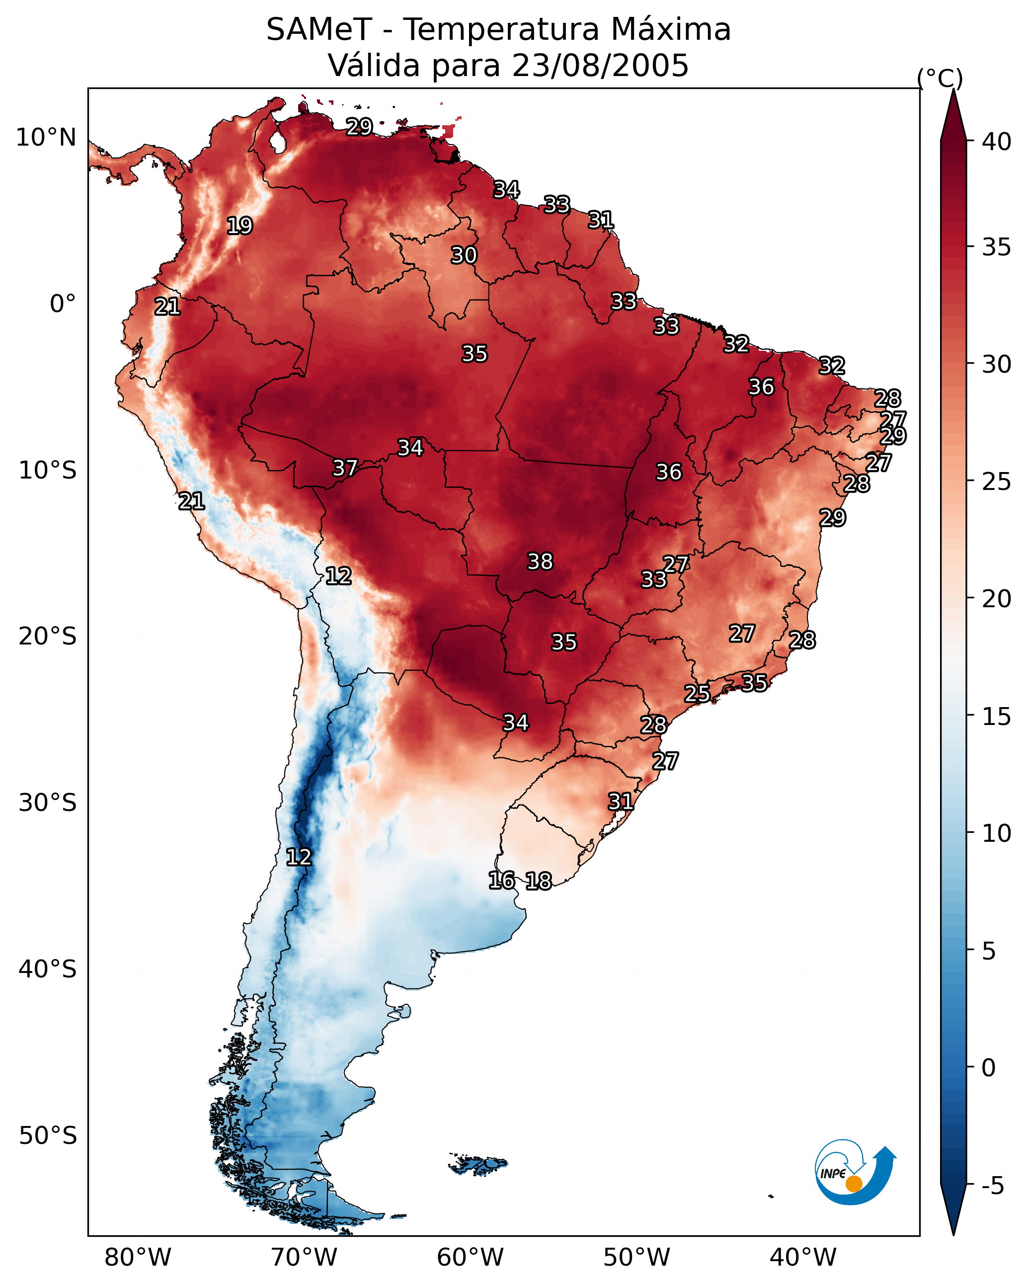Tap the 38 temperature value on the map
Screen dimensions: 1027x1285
point(540,562)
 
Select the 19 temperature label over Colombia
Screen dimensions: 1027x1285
point(239,226)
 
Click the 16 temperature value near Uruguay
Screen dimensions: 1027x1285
point(501,881)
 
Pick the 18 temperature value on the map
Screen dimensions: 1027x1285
point(538,881)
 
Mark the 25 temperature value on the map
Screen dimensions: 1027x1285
point(697,693)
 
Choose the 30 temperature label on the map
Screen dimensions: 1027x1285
point(464,255)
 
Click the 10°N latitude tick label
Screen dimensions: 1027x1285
point(46,138)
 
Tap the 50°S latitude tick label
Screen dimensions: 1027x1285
point(48,1136)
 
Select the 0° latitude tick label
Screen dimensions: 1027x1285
point(63,304)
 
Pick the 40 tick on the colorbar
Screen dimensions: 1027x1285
point(997,142)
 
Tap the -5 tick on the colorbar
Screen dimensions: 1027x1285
point(993,1186)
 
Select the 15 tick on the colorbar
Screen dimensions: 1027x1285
point(997,717)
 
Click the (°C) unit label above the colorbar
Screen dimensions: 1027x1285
point(940,78)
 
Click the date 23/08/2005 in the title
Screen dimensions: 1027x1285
point(600,65)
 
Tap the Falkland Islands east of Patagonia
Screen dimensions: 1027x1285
point(478,1165)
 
